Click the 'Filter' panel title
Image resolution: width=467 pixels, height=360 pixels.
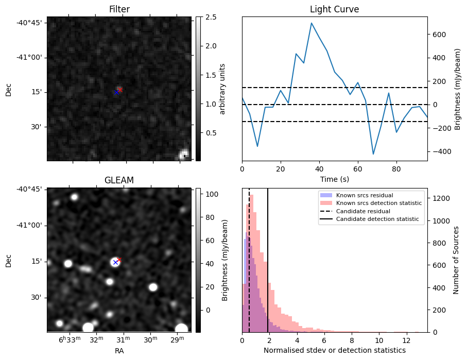(x=119, y=9)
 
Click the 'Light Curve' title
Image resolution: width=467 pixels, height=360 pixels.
(x=334, y=9)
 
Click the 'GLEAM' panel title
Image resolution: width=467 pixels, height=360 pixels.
(x=119, y=180)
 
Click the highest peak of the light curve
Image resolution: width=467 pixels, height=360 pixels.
(x=312, y=23)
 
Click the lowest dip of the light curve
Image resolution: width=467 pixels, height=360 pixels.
(x=373, y=154)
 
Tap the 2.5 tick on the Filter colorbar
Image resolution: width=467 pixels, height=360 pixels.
(x=204, y=17)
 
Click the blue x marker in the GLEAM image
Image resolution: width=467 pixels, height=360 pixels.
(x=115, y=263)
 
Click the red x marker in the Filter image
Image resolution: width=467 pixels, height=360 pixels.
(x=119, y=90)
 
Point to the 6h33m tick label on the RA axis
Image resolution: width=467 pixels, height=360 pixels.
(x=69, y=340)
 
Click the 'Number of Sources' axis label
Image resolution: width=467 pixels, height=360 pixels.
(x=456, y=260)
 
